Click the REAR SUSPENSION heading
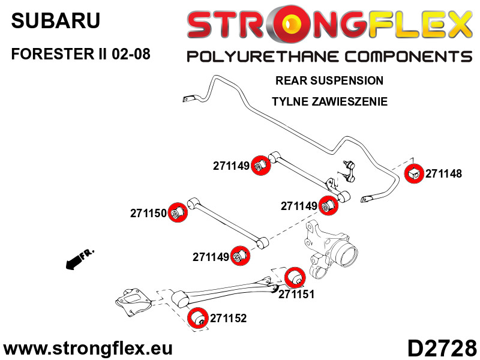pos(329,80)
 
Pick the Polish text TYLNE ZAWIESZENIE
pos(329,101)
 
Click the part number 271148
pos(444,174)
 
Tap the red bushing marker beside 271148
pos(414,174)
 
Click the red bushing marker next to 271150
pos(177,212)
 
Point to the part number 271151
pos(296,295)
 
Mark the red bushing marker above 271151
pos(295,277)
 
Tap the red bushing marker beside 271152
pos(197,318)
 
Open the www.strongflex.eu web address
pos(88,348)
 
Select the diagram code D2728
pos(442,347)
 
